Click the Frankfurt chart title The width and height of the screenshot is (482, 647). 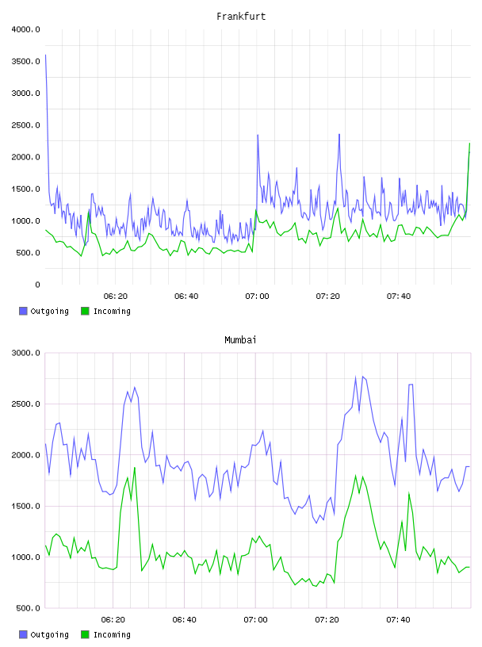[x=241, y=17]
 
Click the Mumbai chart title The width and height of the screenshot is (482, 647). [x=240, y=340]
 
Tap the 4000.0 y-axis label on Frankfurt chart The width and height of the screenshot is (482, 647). [x=26, y=29]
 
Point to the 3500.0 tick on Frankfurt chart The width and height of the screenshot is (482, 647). [x=26, y=62]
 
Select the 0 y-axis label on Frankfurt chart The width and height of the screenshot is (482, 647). [x=37, y=285]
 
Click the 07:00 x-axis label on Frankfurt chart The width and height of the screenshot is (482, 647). [x=257, y=297]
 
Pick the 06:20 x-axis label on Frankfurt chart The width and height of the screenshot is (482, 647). [x=116, y=297]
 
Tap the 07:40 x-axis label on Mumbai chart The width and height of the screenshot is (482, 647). [x=398, y=620]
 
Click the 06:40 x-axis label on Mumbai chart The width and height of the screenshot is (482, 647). [x=185, y=620]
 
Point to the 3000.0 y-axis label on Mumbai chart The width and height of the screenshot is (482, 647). [x=26, y=353]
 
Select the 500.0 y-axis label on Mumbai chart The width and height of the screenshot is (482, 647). [x=29, y=608]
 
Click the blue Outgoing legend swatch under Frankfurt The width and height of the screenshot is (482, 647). [x=23, y=311]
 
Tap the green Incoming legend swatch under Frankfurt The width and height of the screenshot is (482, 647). [x=85, y=311]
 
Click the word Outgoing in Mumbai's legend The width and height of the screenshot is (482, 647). [x=49, y=634]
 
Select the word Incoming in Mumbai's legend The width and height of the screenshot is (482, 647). [x=112, y=634]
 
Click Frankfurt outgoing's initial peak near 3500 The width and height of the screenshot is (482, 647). [x=45, y=55]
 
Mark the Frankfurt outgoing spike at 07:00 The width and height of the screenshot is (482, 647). [x=258, y=135]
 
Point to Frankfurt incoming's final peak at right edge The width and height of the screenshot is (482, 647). [x=469, y=144]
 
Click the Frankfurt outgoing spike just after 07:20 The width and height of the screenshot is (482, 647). [x=339, y=134]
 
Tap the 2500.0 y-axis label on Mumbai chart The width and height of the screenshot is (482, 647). [x=26, y=404]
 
